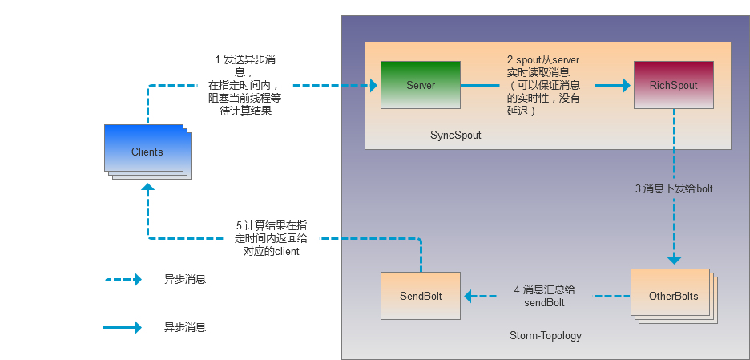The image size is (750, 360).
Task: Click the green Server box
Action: (x=420, y=85)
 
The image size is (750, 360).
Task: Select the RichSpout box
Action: (x=674, y=85)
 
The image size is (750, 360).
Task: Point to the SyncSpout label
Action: (x=456, y=136)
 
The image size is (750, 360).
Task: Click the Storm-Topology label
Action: (x=546, y=335)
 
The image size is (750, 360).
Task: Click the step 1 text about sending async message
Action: (x=244, y=85)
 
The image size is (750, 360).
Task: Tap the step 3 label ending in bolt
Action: (x=674, y=189)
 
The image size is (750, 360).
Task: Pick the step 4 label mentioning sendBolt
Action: (x=544, y=296)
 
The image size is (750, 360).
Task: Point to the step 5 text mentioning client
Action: (x=275, y=238)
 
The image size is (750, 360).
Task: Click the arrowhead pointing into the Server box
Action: (x=373, y=84)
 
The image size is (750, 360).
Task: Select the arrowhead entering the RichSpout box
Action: (x=626, y=84)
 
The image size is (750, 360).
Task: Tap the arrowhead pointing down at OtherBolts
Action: (x=674, y=260)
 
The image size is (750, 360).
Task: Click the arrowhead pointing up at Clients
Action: (x=147, y=188)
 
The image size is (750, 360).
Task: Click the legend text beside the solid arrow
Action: (x=185, y=327)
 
